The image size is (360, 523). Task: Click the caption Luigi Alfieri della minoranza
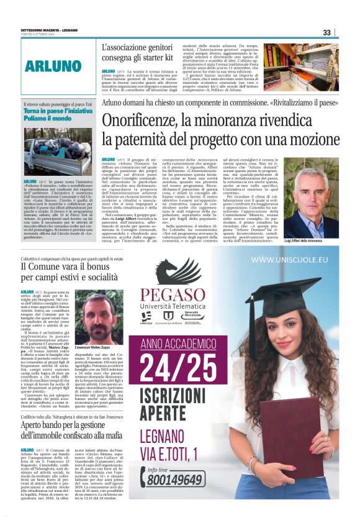(x=319, y=240)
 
